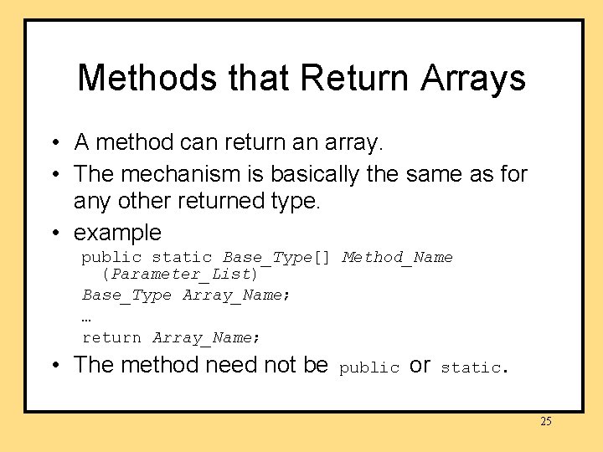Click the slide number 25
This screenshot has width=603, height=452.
(545, 421)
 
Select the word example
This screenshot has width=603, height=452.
(117, 232)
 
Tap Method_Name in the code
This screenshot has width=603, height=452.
(398, 257)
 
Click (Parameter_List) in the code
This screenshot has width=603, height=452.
(180, 274)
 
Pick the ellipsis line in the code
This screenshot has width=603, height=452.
(86, 317)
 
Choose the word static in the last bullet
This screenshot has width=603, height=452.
(471, 367)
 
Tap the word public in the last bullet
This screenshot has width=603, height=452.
(369, 367)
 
